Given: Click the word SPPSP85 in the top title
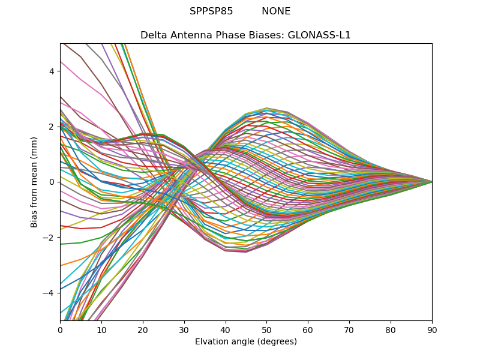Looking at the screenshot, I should click(211, 11).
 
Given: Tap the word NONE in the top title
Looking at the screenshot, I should click(276, 11).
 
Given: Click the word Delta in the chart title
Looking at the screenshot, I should click(153, 35).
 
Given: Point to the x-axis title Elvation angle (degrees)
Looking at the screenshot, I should click(246, 342).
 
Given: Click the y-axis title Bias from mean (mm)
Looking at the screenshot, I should click(35, 181).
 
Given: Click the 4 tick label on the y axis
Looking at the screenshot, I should click(52, 71).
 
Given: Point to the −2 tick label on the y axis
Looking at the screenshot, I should click(50, 237).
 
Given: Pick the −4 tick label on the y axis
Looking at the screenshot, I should click(50, 292).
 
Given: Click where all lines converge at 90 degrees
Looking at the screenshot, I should click(432, 181).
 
